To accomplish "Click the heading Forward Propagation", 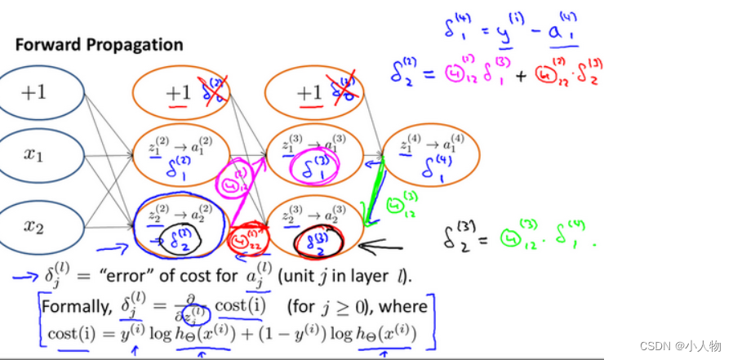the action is [98, 44].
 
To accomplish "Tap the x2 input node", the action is [33, 226].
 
